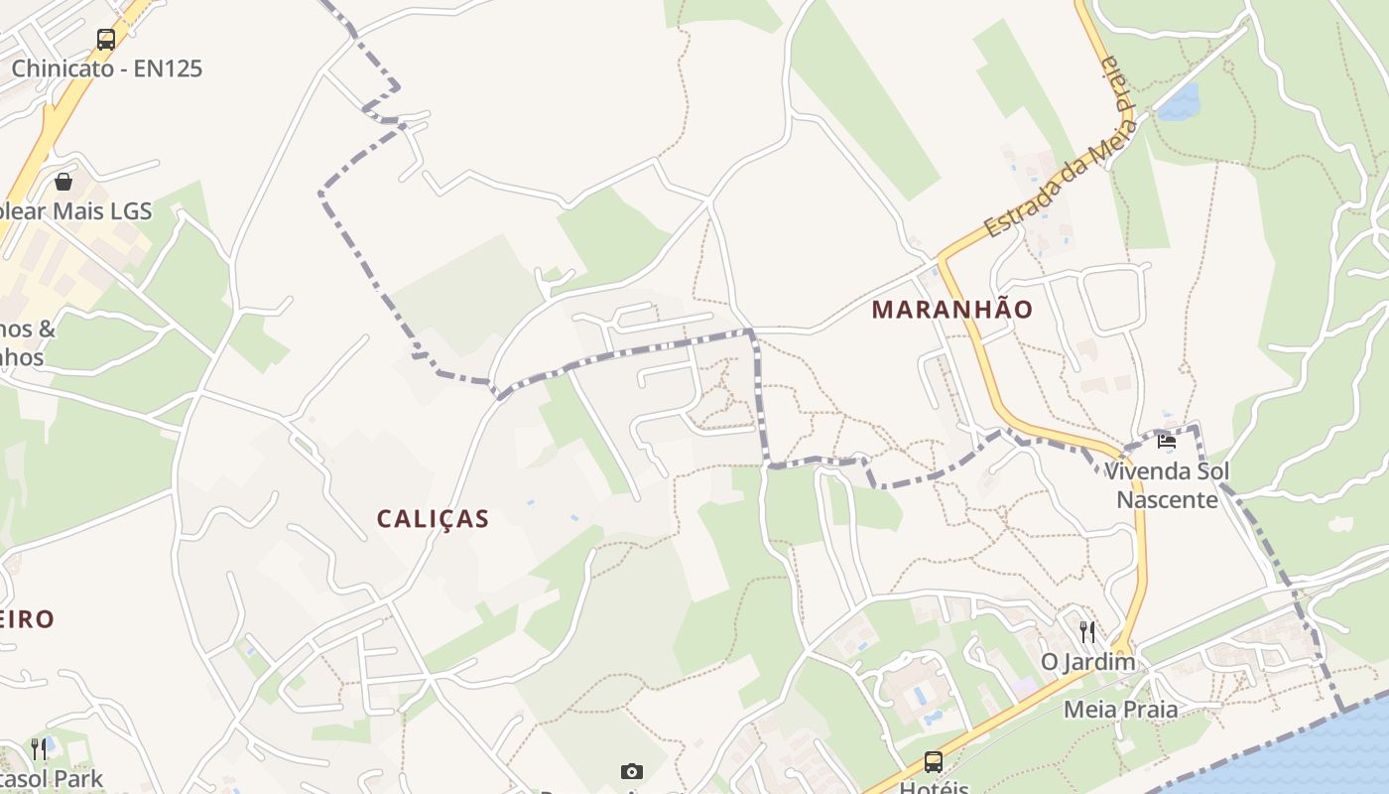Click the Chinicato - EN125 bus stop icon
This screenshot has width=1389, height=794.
106,40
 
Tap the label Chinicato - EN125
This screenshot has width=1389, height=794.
106,68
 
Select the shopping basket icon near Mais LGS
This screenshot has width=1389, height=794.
63,182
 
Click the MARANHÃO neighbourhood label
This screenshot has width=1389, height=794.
952,310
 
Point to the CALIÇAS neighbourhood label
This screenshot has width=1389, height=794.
434,519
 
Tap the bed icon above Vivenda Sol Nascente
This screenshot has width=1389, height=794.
1166,442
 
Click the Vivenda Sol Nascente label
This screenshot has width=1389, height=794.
1167,485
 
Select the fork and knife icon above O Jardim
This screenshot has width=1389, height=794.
1087,632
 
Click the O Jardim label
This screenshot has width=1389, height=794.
1087,662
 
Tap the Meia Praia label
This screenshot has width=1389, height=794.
1121,710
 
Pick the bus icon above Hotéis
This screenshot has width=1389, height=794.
934,762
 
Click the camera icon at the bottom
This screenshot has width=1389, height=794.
631,771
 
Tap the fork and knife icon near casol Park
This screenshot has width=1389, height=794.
40,747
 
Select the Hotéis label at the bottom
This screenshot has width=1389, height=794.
934,787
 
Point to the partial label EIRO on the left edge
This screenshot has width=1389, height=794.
27,619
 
